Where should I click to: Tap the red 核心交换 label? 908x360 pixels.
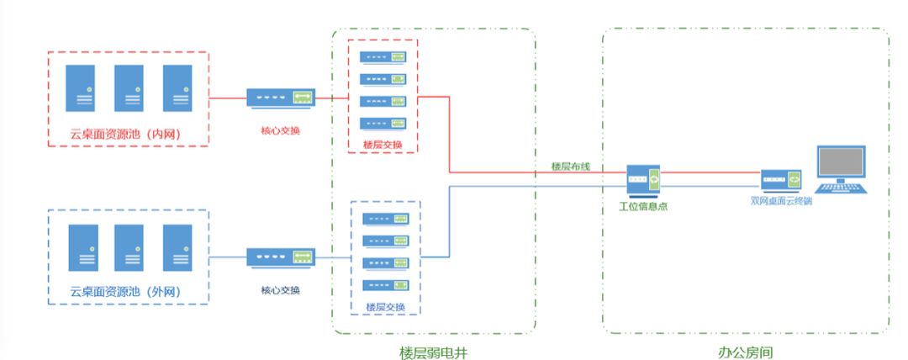click(281, 130)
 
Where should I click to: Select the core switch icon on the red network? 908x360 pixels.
click(281, 98)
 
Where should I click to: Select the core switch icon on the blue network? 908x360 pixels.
click(281, 257)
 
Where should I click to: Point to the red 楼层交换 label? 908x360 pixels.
click(383, 145)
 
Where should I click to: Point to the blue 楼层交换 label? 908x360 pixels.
click(385, 306)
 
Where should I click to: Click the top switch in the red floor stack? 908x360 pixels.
click(383, 57)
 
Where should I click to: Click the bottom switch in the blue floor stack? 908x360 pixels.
click(386, 285)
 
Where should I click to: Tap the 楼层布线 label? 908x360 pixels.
click(571, 167)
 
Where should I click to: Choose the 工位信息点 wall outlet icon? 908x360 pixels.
click(643, 180)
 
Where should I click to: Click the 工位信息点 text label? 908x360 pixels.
click(643, 206)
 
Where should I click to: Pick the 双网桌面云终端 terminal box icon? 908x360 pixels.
click(780, 181)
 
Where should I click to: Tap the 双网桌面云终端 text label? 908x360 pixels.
click(780, 200)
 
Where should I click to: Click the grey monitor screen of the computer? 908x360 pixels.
click(841, 161)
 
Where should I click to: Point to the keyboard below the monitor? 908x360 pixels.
click(841, 188)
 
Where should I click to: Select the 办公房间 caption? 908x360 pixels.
click(745, 352)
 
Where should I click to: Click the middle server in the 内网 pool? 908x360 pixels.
click(129, 88)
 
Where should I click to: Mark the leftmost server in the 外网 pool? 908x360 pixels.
click(82, 247)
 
